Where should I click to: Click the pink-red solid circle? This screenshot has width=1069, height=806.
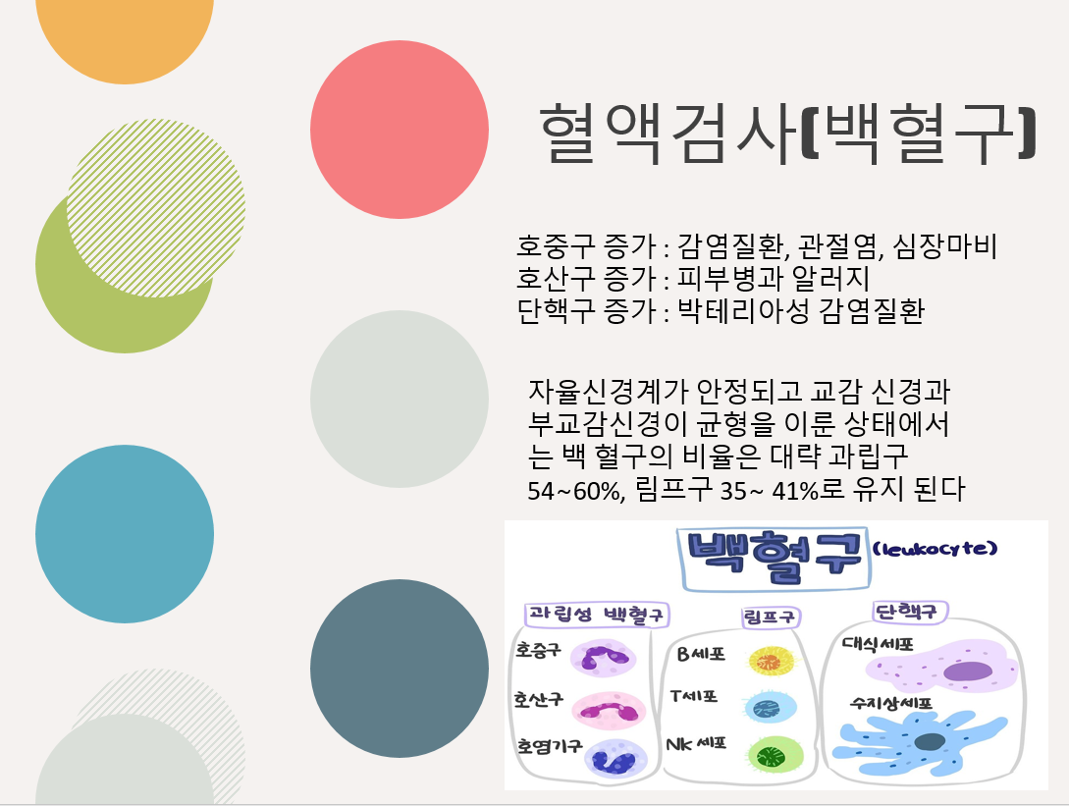[400, 130]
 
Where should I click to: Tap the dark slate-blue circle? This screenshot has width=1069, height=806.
[400, 669]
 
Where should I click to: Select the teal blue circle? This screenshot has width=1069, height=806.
[125, 534]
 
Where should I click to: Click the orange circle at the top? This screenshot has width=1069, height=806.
[125, 34]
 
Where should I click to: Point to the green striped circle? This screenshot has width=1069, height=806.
[156, 208]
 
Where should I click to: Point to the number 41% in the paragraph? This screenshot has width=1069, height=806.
[794, 490]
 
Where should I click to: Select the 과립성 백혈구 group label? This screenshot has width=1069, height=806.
[597, 615]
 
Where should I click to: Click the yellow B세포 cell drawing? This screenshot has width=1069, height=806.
[772, 661]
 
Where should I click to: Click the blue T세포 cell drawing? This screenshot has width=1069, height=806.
[771, 707]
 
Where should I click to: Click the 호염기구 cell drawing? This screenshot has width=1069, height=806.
[615, 758]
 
